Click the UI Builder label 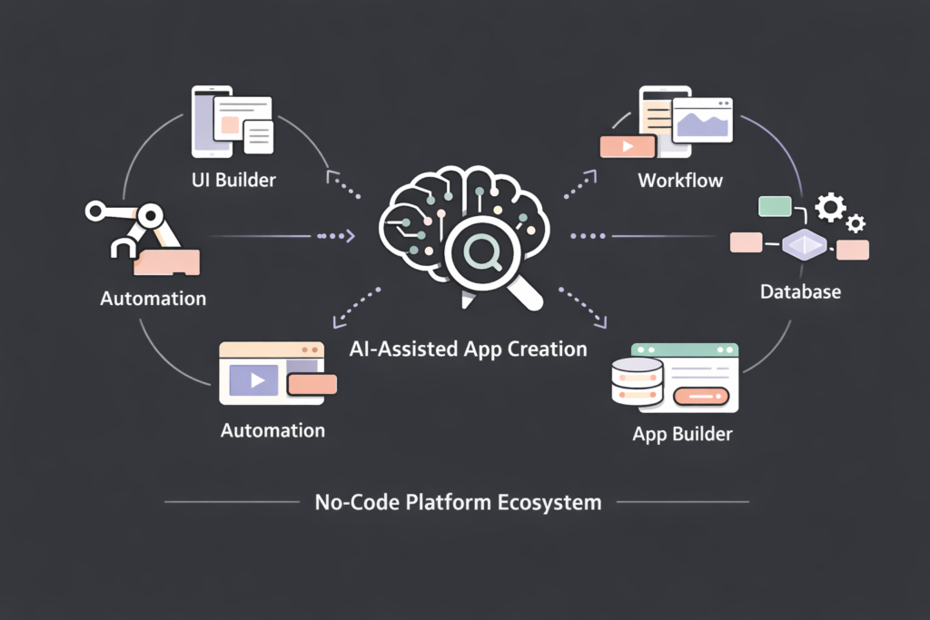coord(233,179)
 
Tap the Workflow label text coord(680,180)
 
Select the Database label coord(800,291)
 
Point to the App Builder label coord(682,434)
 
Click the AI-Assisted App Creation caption coord(468,349)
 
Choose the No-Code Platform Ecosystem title coord(457,501)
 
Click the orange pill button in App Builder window coord(701,396)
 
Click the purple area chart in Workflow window coord(703,122)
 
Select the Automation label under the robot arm coord(153,298)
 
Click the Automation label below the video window coord(272,429)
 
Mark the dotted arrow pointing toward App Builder coord(582,308)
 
